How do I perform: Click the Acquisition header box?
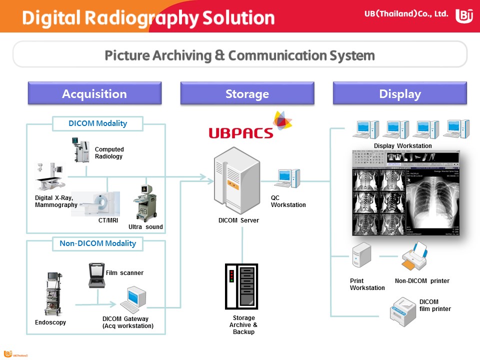pos(94,93)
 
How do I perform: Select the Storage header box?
pos(247,93)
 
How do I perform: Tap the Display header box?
pos(399,93)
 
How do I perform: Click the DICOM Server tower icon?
pos(236,180)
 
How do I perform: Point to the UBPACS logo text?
pos(241,132)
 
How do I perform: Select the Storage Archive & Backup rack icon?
pos(241,286)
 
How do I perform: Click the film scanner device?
pos(96,275)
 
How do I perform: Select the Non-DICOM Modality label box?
pos(98,243)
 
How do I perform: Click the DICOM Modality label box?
pos(98,123)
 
